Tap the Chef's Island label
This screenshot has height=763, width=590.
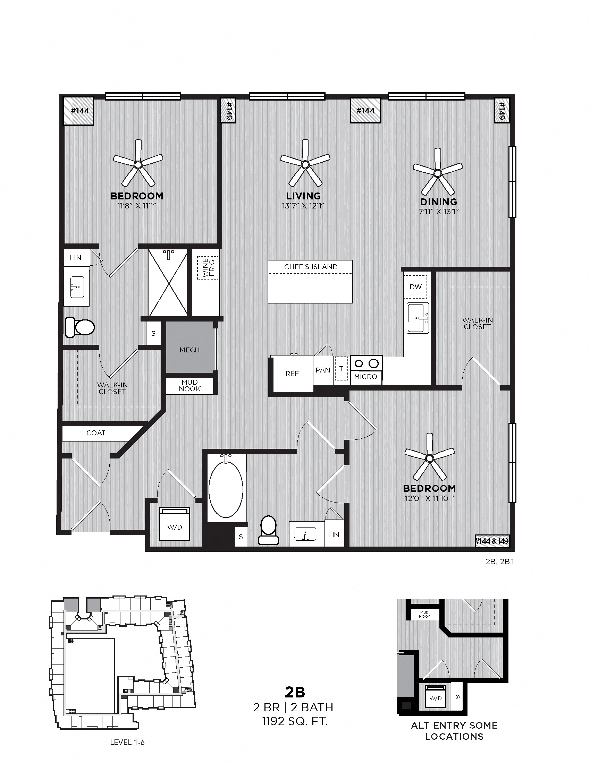310,267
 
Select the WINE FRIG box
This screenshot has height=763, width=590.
208,268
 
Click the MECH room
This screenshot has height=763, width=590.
189,350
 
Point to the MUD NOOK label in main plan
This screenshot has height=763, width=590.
189,386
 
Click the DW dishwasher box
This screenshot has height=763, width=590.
415,287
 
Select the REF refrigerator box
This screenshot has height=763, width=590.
292,374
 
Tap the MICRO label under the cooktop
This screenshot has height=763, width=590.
365,377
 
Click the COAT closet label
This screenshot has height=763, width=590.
96,433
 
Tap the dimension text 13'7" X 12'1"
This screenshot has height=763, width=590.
303,206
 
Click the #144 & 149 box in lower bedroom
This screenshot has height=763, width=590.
491,541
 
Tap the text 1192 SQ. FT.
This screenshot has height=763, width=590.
295,721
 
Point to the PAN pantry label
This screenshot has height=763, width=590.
323,370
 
